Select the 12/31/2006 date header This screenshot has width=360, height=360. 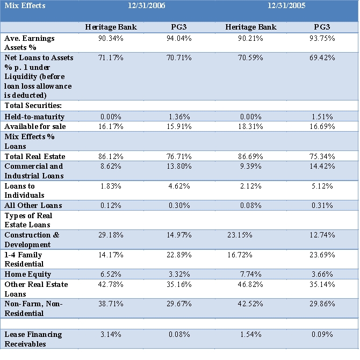coord(147,6)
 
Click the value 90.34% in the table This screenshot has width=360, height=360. coord(112,39)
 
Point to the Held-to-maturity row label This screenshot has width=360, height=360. coord(34,117)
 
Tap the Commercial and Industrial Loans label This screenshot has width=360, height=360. coord(34,171)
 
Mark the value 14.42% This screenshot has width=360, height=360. coord(321,167)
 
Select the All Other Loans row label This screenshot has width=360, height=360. coord(33,205)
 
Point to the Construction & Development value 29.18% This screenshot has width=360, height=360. coord(112,235)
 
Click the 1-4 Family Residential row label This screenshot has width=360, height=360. coord(24,259)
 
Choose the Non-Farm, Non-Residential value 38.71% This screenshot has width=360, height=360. coord(112,304)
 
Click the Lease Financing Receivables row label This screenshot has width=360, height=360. coord(33,339)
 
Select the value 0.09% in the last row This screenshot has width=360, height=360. coord(321,334)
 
